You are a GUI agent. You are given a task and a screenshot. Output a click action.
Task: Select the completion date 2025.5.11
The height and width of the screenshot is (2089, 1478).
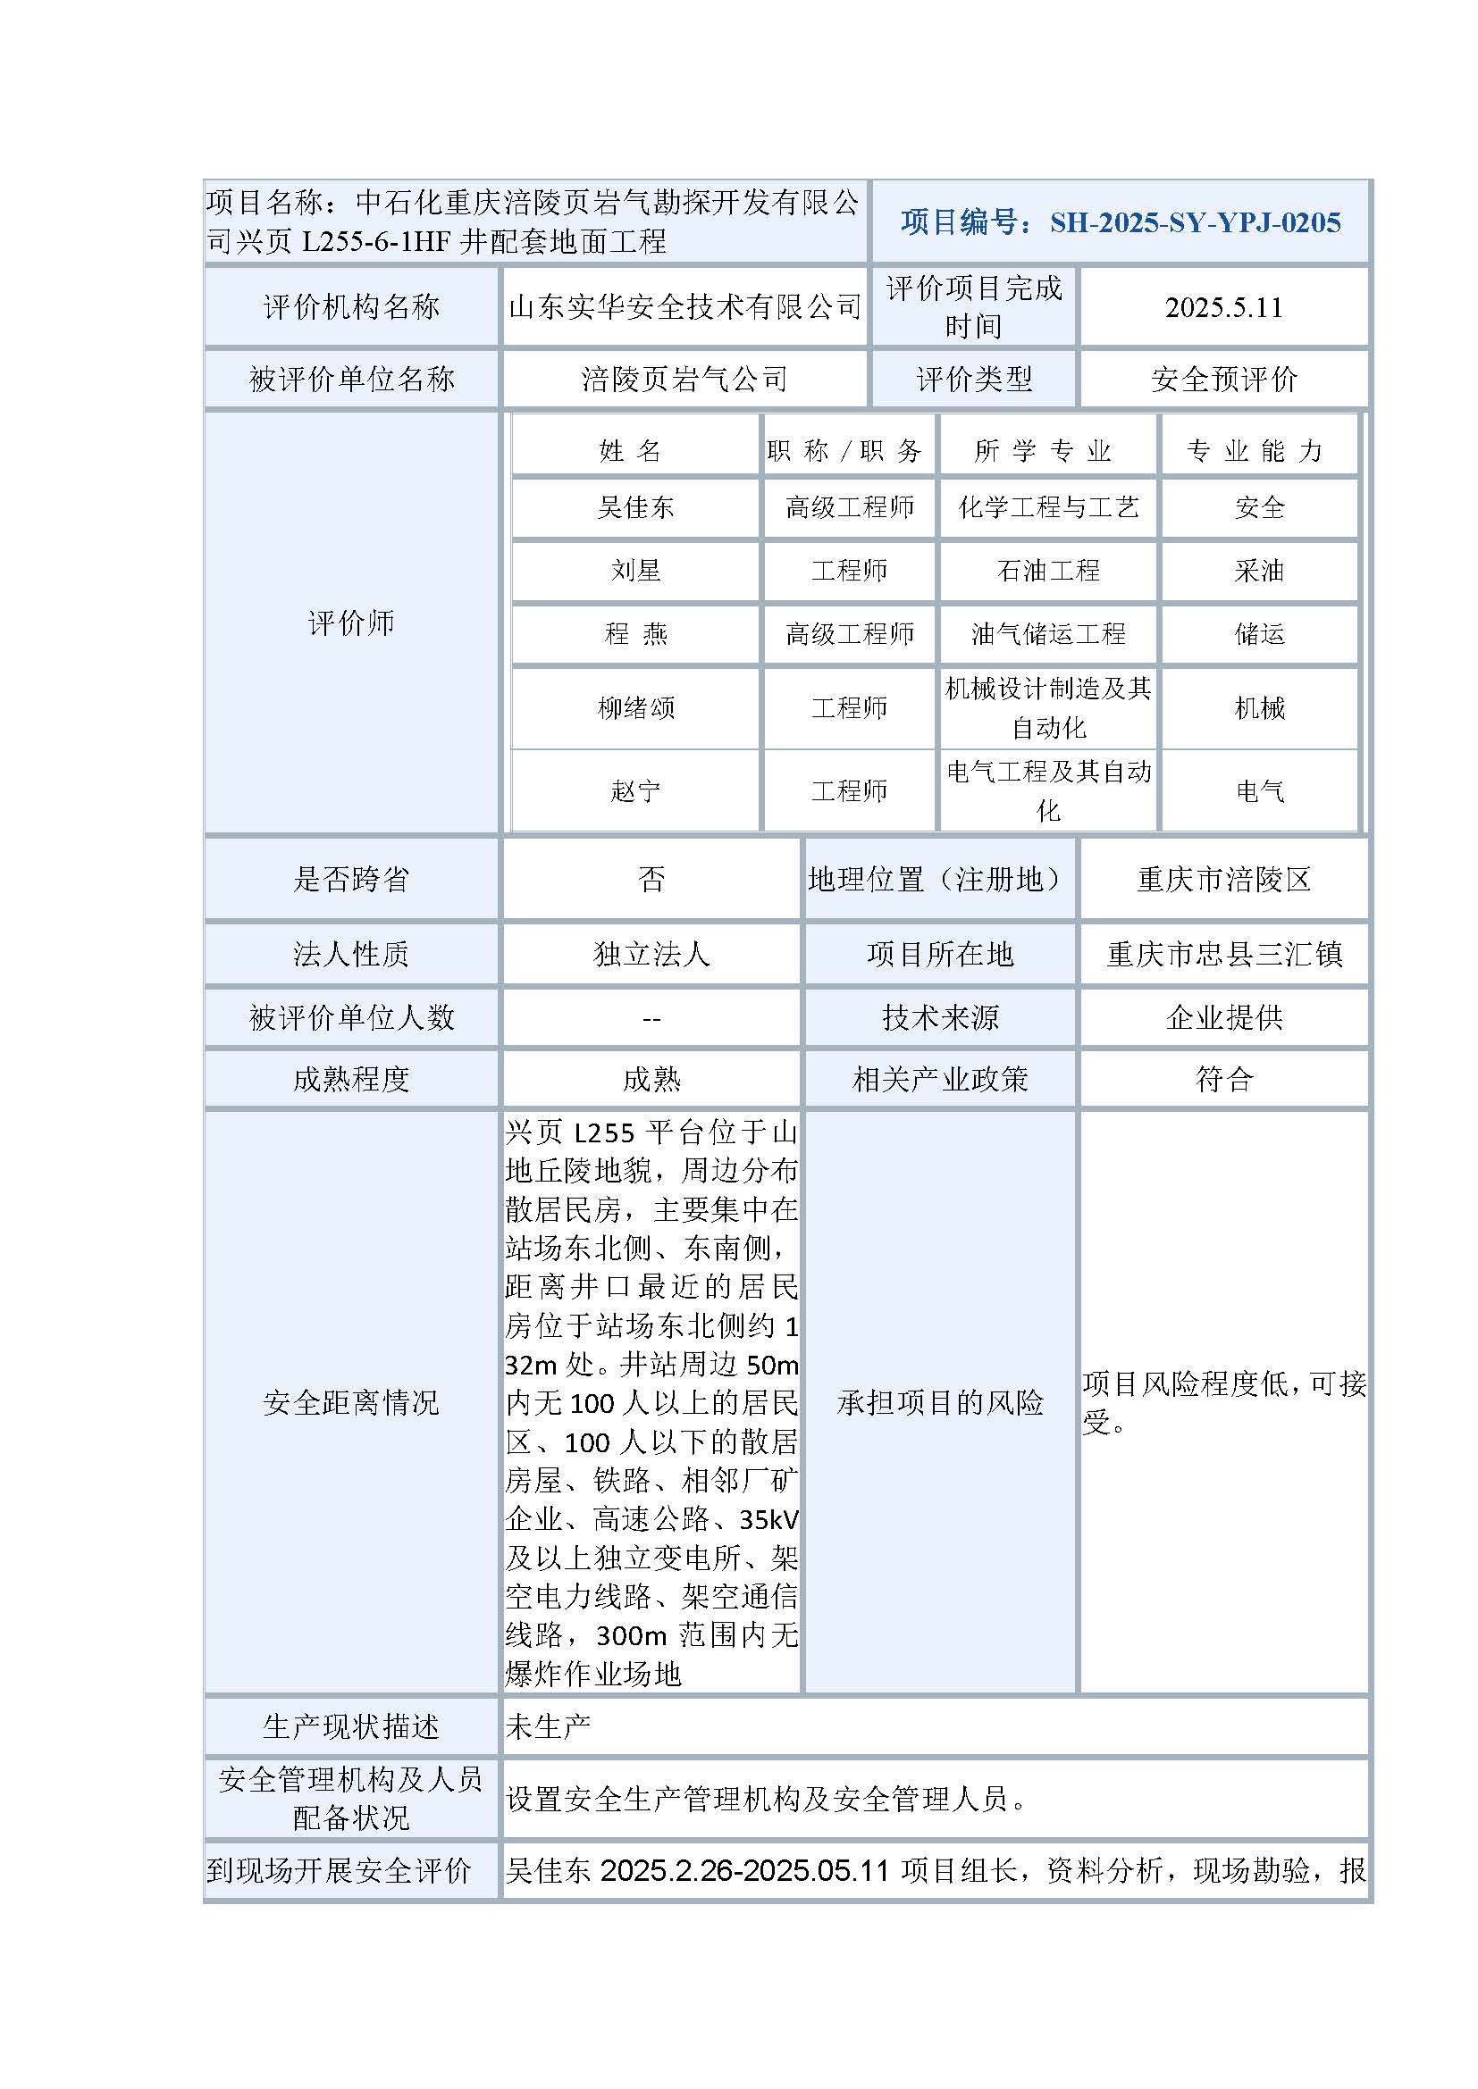1223,307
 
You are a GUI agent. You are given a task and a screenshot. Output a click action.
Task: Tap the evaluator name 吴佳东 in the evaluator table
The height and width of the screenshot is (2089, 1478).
635,507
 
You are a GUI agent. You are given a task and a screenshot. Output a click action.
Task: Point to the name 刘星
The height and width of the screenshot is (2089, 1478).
635,572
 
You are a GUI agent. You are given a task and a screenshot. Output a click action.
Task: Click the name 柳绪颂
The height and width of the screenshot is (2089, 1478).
635,708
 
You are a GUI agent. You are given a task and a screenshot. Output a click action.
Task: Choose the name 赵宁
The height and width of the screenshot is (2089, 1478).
635,790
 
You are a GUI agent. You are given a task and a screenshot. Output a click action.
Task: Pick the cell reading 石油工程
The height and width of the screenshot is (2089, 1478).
1048,572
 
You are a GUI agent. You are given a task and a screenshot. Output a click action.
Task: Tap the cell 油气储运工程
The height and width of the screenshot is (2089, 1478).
1048,634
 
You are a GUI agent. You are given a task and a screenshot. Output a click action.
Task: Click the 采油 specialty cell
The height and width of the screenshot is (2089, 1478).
1260,572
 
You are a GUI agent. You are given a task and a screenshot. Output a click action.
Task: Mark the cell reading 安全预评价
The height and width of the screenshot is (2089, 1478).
1224,380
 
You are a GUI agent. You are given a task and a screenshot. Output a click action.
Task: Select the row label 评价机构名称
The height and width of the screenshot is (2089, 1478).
351,307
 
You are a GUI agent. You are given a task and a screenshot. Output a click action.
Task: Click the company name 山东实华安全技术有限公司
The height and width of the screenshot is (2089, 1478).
685,307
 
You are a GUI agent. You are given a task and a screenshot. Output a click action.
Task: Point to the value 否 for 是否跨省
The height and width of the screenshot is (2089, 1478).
651,879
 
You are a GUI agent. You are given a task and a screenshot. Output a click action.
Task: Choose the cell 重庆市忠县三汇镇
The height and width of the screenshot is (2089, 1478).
1224,954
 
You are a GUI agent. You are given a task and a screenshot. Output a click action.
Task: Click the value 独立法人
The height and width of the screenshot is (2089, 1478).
651,954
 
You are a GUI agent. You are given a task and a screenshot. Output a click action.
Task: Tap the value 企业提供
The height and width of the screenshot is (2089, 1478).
1224,1017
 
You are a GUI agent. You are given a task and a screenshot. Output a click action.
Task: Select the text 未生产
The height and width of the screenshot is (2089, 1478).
548,1726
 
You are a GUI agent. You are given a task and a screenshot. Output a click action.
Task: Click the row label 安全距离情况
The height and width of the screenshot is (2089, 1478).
351,1402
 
